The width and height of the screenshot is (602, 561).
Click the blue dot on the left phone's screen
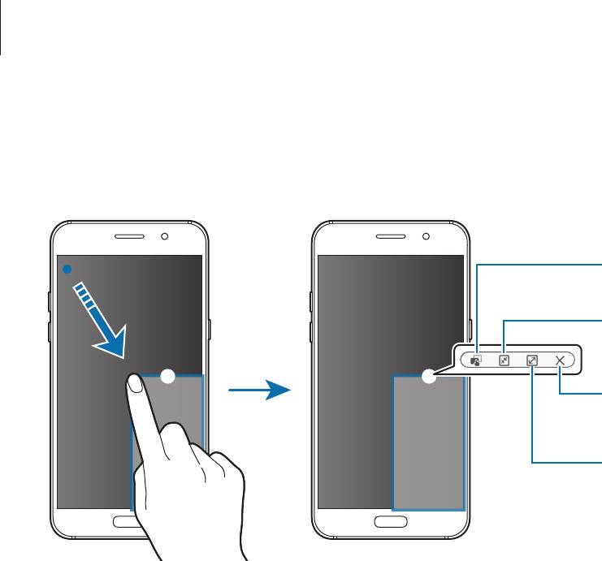coord(68,267)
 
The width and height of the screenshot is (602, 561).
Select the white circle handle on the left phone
coord(167,375)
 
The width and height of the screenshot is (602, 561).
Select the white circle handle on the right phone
coord(430,375)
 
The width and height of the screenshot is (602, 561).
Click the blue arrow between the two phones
coord(258,391)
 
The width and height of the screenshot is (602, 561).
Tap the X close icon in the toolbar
coord(561,359)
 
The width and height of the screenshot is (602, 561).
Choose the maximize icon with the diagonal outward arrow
coord(532,359)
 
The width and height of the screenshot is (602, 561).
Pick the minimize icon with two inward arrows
coord(504,359)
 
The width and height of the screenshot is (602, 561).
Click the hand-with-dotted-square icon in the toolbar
coord(476,359)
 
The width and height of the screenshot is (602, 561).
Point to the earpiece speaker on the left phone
coord(130,238)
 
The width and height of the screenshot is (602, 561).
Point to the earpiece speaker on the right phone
coord(392,238)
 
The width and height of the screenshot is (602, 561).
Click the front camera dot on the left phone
coord(165,238)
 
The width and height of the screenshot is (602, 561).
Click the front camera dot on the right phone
coord(427,238)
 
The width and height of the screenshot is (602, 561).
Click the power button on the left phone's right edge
coord(210,329)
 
